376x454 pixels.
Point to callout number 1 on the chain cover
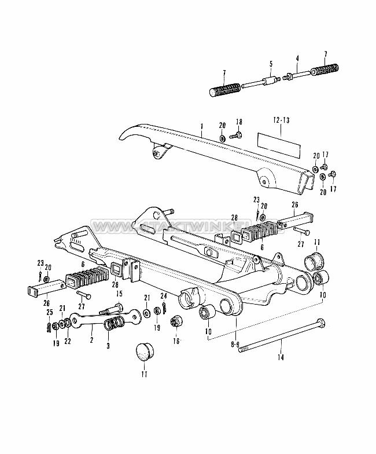202,126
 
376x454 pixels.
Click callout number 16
176,342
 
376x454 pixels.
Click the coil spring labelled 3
113,323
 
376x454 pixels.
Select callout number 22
69,341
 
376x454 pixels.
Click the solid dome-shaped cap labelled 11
143,352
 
